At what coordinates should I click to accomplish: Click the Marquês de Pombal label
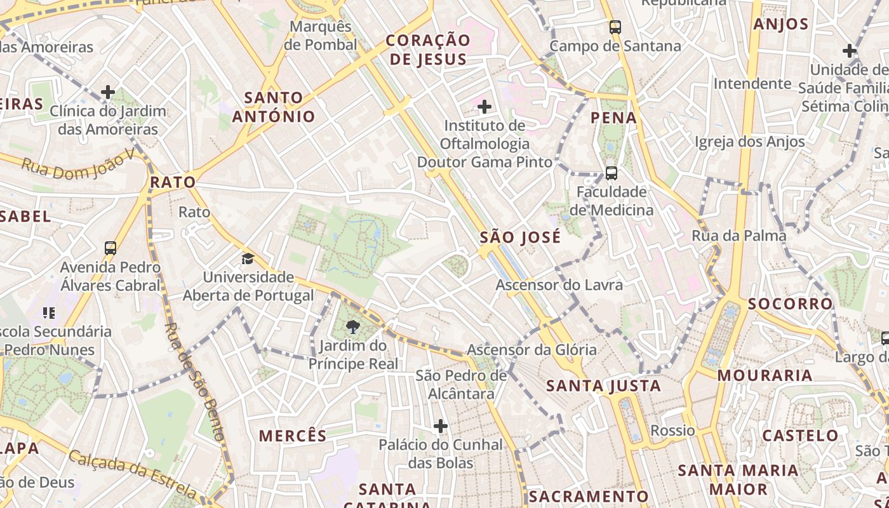(320, 36)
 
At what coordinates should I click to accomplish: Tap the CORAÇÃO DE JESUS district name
(428, 50)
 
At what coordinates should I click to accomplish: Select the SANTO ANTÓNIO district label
(274, 107)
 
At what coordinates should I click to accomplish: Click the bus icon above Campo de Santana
(615, 27)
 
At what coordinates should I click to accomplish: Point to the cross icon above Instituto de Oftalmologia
(485, 106)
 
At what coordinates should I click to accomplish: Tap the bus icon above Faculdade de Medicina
(611, 173)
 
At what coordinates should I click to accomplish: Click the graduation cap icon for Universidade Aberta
(248, 259)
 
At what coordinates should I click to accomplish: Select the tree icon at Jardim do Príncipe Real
(353, 327)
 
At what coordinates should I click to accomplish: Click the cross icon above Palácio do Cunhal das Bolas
(441, 425)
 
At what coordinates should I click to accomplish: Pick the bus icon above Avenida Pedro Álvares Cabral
(110, 248)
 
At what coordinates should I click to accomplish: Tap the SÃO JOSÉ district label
(520, 237)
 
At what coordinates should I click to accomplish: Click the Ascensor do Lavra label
(559, 285)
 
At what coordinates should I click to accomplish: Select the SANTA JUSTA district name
(603, 385)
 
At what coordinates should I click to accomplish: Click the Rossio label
(672, 431)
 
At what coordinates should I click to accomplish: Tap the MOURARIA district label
(765, 375)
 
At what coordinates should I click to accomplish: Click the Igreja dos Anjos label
(749, 142)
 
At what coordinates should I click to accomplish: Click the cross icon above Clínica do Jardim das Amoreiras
(108, 93)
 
